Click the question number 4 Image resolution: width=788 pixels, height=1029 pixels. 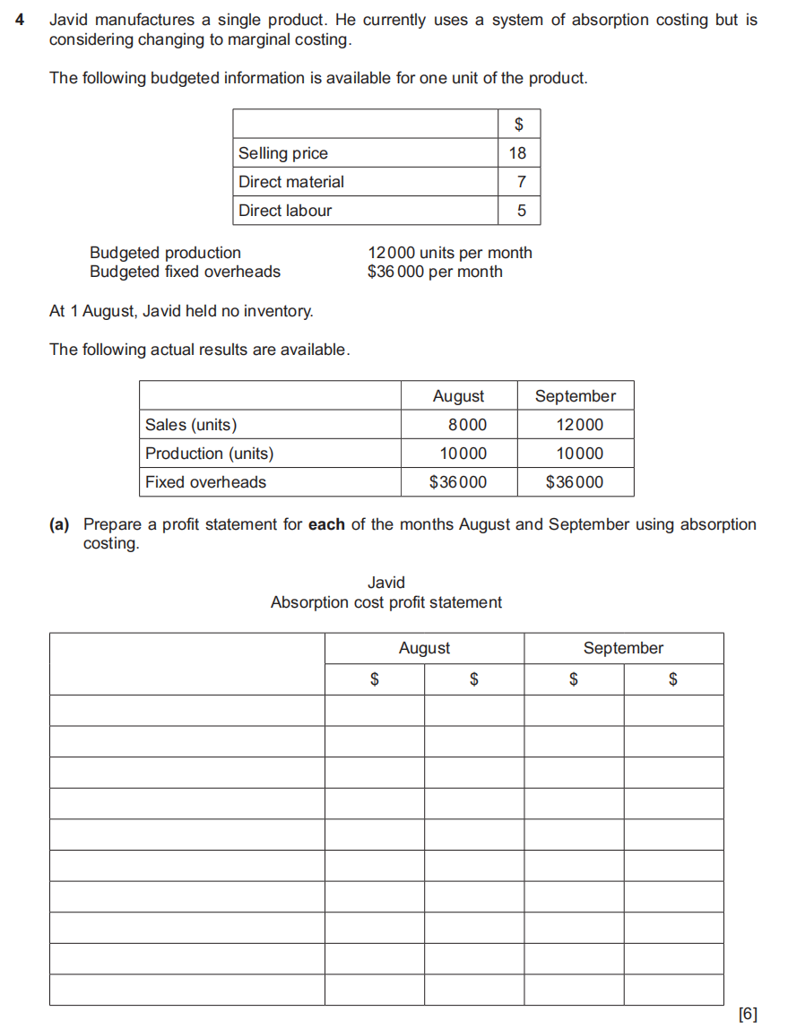20,20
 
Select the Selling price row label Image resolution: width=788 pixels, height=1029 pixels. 283,153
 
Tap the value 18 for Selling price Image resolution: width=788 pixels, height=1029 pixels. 517,153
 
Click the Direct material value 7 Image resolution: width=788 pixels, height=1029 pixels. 521,182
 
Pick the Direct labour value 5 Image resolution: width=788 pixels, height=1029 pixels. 521,211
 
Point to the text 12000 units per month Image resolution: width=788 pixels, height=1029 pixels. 449,253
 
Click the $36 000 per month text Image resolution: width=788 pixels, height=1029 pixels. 435,272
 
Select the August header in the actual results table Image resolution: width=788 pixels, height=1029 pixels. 458,396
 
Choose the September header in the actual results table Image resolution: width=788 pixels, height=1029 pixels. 575,396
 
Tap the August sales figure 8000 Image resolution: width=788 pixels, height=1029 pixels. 466,425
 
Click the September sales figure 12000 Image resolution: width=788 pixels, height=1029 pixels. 580,425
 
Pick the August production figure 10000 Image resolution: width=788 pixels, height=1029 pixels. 463,454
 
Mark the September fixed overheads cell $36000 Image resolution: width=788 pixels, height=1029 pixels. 575,482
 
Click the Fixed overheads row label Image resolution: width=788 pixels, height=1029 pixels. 205,482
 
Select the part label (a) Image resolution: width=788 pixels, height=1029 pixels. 59,524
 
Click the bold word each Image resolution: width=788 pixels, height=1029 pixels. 326,524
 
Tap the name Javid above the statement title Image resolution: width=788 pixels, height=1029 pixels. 386,583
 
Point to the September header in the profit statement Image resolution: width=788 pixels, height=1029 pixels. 623,648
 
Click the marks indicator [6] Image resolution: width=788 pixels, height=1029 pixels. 747,1014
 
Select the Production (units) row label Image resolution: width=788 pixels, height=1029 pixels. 209,454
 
